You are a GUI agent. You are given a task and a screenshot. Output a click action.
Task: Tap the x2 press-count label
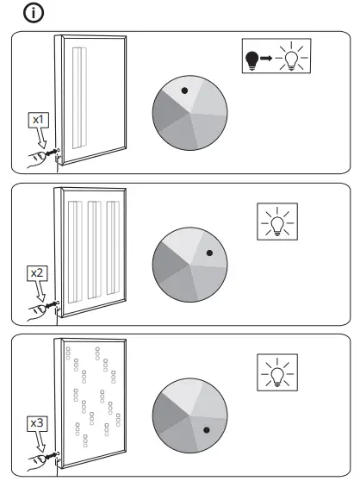click(38, 272)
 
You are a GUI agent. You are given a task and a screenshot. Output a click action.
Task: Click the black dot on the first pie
click(183, 90)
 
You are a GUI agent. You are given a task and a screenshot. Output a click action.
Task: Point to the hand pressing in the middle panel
click(36, 309)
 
